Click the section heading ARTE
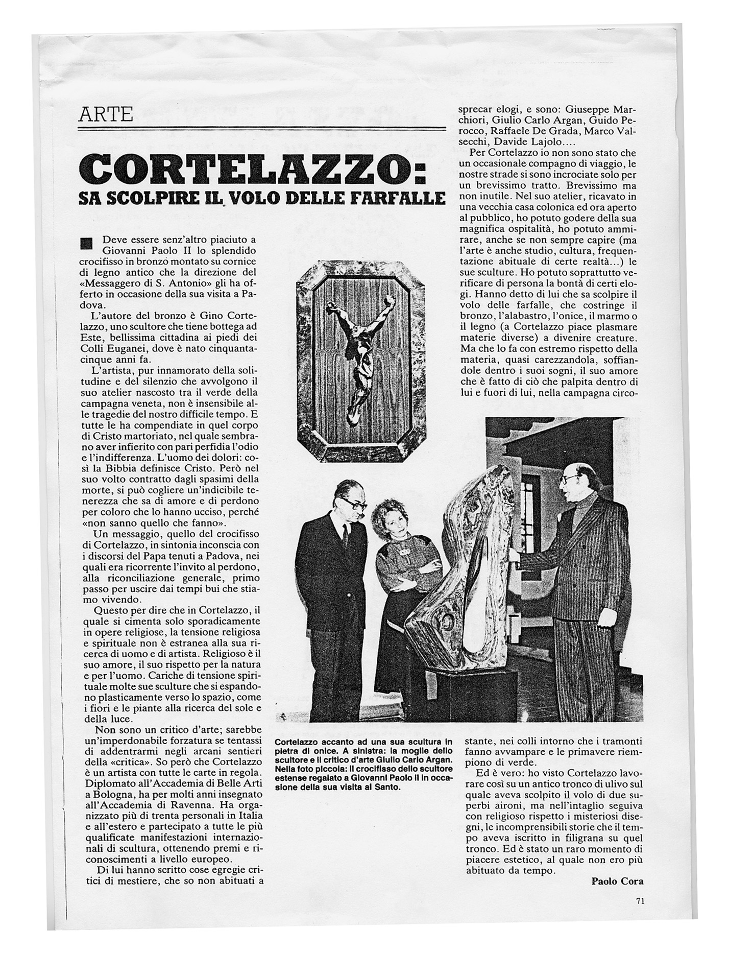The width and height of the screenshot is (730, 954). [x=106, y=114]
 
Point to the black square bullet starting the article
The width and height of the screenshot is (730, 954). [x=87, y=242]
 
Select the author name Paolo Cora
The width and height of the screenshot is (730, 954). [x=617, y=881]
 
